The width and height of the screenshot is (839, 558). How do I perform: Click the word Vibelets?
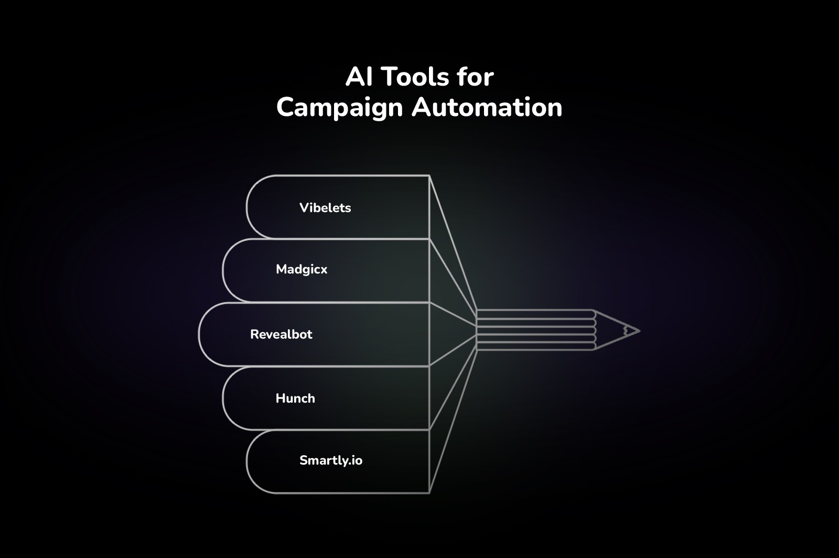325,207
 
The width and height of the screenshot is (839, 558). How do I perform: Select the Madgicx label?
302,269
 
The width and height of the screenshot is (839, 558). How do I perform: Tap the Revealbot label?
281,334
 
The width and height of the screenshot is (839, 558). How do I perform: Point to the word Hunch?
295,398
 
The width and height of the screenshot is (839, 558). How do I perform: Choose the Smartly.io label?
331,460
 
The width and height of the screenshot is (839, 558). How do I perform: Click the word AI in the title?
359,77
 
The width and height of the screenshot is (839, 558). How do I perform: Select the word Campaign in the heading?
339,108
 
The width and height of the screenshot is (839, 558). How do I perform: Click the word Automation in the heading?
487,107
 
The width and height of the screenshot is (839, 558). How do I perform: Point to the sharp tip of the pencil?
638,331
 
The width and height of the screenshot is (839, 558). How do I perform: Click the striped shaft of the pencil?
535,330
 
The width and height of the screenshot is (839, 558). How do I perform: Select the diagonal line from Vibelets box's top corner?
453,242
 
